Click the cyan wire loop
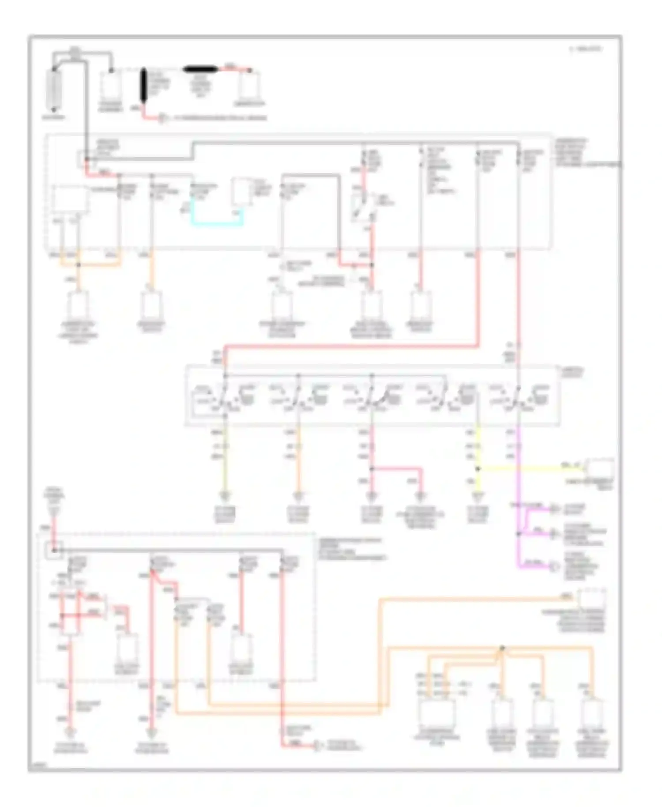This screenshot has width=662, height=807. click(216, 224)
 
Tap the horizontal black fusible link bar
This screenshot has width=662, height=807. click(200, 69)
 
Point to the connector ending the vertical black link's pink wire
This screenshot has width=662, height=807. click(163, 118)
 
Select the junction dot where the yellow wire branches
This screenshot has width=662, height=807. click(478, 469)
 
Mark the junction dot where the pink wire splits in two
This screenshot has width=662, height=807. click(372, 469)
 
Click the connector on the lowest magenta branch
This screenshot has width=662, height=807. click(553, 566)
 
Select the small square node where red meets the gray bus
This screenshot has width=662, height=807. click(54, 550)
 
